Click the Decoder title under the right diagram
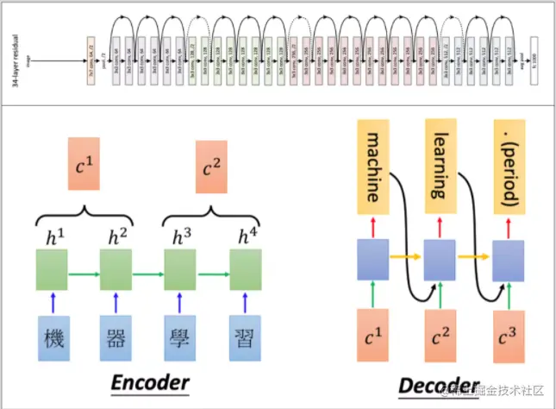coord(438,386)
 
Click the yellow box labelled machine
coord(374,167)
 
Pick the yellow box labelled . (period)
coord(509,167)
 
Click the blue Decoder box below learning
coord(440,260)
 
